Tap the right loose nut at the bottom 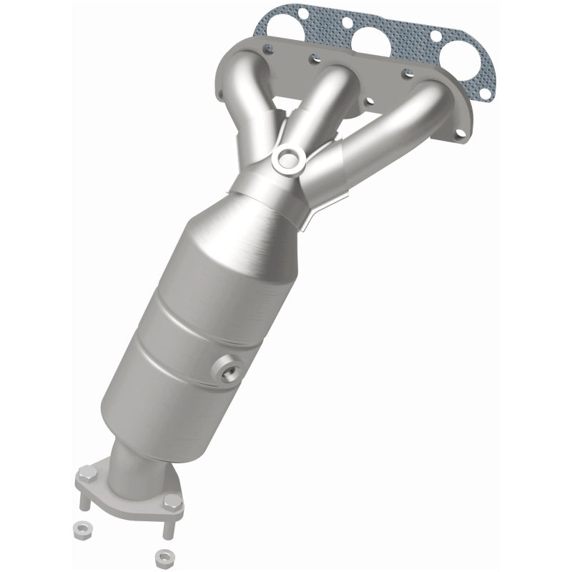(162, 556)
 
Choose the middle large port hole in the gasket (372, 41)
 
